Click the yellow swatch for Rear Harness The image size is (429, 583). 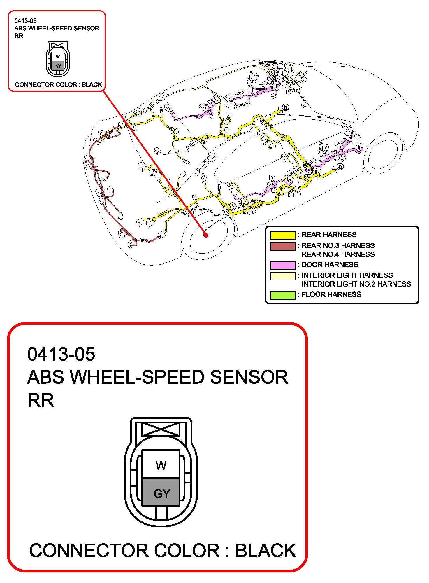click(x=283, y=235)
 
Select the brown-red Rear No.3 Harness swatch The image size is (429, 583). click(x=283, y=246)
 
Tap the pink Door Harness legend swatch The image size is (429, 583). click(x=283, y=265)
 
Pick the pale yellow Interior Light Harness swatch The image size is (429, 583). click(x=283, y=276)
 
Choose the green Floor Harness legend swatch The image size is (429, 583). click(x=283, y=295)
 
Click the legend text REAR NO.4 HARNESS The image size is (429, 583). click(x=338, y=254)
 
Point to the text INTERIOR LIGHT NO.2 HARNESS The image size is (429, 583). click(x=356, y=284)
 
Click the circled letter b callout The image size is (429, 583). click(x=286, y=107)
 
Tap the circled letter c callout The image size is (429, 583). click(x=340, y=167)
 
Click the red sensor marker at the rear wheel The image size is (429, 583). click(x=206, y=235)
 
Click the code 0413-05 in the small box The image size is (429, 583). click(x=25, y=21)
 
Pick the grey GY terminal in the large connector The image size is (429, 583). click(x=161, y=492)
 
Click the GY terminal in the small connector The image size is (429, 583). click(x=58, y=66)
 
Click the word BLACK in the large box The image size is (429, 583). click(x=266, y=551)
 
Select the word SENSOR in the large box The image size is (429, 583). click(x=249, y=377)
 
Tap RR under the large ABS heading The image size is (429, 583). click(x=41, y=400)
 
